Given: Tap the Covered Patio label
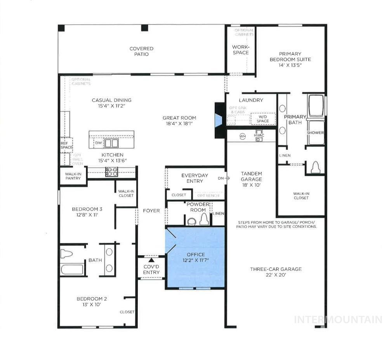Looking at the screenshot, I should point(141,51).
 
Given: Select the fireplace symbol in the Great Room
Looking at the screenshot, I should point(219,120).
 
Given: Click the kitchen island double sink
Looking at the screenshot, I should point(111,143).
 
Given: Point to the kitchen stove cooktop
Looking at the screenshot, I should point(112,172).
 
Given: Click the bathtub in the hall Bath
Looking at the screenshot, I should point(72,269).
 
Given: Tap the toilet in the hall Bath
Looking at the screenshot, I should point(67,254).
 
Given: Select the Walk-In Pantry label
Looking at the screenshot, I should point(73,176).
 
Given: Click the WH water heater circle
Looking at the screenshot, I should point(243,136).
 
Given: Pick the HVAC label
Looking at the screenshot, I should point(259,135).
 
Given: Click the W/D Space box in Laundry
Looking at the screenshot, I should point(262,118).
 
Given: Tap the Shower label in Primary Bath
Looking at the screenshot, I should point(315,133).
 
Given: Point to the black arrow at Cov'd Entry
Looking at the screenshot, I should point(151,260).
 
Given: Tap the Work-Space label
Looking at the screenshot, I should point(241,50).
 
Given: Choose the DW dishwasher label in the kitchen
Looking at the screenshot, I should point(99,143).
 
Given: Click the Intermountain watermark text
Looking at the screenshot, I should point(338,319).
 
